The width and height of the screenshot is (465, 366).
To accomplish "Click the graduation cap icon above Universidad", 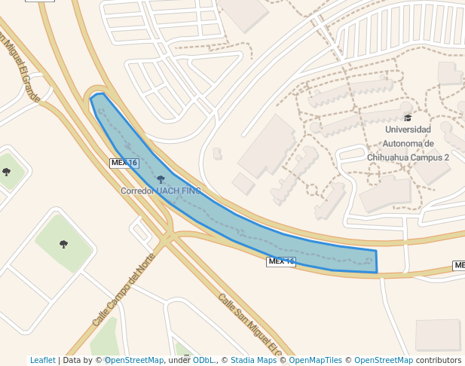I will (x=408, y=117).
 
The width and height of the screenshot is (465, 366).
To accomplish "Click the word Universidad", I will (x=408, y=130).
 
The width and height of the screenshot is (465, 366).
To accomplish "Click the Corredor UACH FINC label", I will (x=161, y=191).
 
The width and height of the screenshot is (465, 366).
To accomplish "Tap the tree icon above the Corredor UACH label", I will (x=161, y=179).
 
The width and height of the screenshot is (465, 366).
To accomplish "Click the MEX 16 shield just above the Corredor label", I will (x=124, y=163).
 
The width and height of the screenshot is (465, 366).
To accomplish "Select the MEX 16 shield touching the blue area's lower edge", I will (x=281, y=261).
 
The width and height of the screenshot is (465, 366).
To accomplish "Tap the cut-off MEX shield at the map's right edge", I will (x=459, y=265).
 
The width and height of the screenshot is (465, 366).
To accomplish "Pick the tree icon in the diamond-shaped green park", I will (x=63, y=243).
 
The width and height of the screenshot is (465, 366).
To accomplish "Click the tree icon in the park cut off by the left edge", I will (x=7, y=172).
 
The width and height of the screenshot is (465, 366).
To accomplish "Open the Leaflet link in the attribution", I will (x=42, y=361).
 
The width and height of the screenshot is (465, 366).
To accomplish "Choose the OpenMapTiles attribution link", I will (x=315, y=361).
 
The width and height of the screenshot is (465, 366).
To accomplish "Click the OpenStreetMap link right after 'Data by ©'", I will (x=134, y=361).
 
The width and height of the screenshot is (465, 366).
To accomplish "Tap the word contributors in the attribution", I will (x=439, y=361).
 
